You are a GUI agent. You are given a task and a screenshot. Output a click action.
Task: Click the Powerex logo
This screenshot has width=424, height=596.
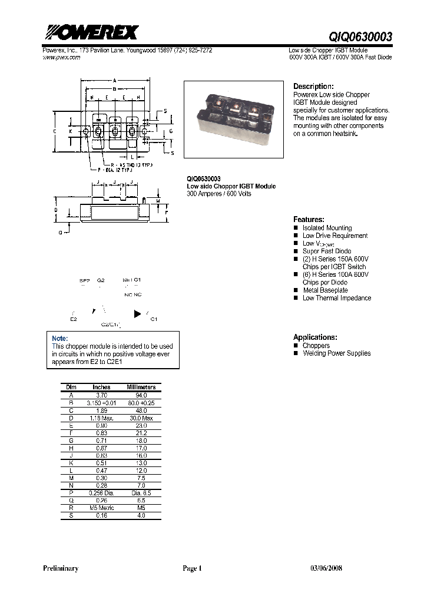coord(90,32)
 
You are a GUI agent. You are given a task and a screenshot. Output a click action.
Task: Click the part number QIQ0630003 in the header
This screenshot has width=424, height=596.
coord(360,37)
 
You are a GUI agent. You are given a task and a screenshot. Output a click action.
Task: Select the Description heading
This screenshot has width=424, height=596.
coord(313,86)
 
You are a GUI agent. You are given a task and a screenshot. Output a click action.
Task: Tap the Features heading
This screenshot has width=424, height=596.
coord(309,218)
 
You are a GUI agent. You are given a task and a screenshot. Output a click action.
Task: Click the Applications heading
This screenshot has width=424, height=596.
coord(315,337)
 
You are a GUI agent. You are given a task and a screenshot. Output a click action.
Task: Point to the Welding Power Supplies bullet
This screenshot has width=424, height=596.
coord(336,353)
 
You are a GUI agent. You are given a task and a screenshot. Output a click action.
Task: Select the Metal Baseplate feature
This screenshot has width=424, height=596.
coord(325,290)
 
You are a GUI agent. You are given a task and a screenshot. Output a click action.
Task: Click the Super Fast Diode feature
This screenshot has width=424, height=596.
coord(327,251)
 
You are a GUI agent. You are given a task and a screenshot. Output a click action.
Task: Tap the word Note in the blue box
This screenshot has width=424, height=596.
coord(60,339)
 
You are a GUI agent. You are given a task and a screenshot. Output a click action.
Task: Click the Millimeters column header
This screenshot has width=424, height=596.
coord(141,387)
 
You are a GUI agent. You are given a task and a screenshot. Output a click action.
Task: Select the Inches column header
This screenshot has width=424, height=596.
coord(101,387)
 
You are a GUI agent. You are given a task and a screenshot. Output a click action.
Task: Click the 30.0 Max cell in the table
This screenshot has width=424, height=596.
coord(141,418)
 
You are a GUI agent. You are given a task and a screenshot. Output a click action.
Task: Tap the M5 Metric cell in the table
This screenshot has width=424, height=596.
coord(101,507)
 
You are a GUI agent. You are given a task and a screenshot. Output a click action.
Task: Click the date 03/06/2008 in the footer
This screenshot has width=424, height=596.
coord(326,568)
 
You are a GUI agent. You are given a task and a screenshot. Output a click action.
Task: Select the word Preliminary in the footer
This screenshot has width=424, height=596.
coord(61,568)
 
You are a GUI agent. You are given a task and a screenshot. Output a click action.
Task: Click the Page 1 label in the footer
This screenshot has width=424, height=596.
coord(192,568)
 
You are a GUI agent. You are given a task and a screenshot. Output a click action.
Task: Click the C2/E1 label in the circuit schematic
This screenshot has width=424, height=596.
coord(110,325)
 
